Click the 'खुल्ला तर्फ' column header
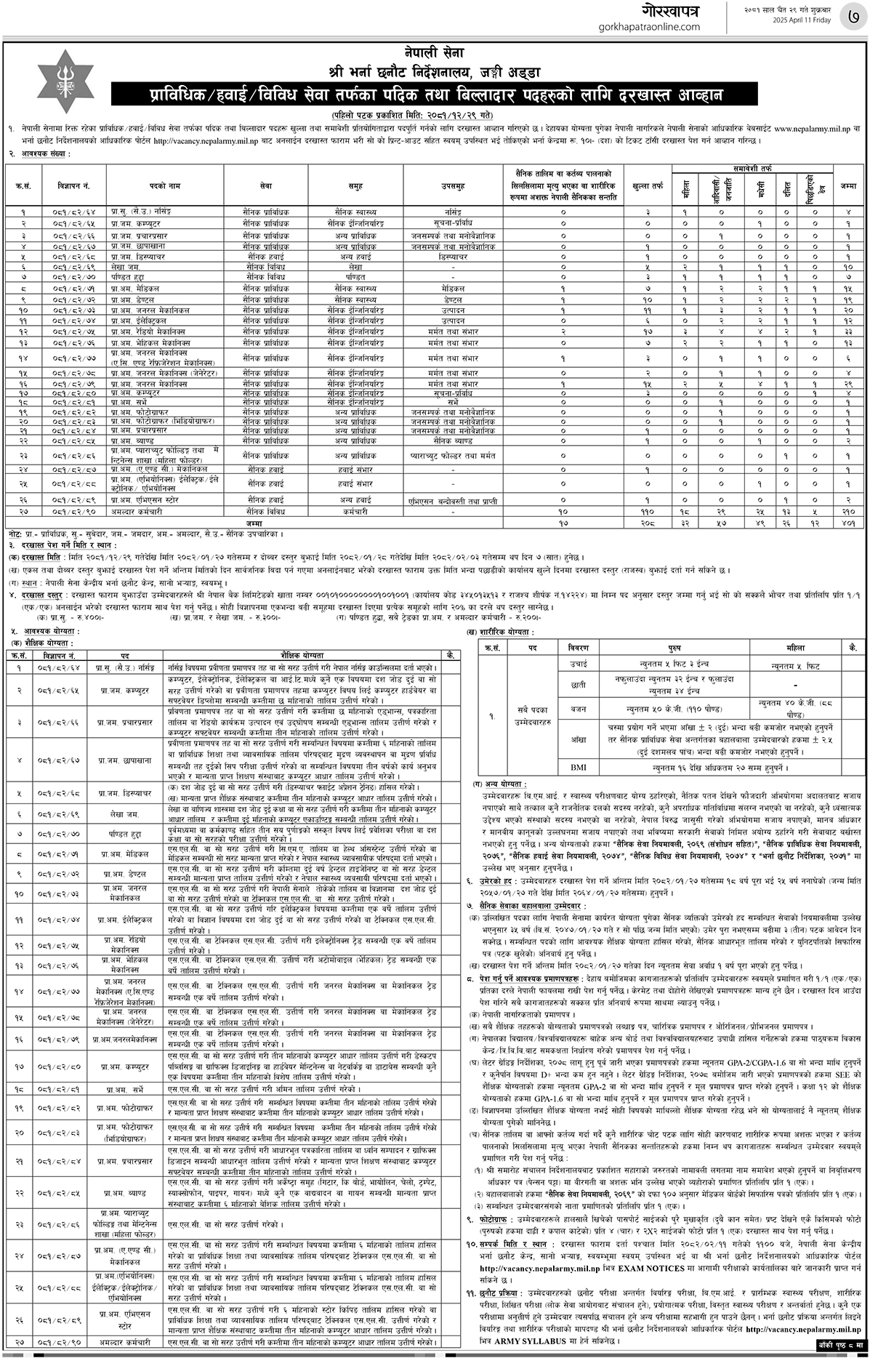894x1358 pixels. click(x=648, y=186)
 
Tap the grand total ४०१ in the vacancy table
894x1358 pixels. click(x=847, y=522)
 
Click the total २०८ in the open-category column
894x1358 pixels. click(x=648, y=522)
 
